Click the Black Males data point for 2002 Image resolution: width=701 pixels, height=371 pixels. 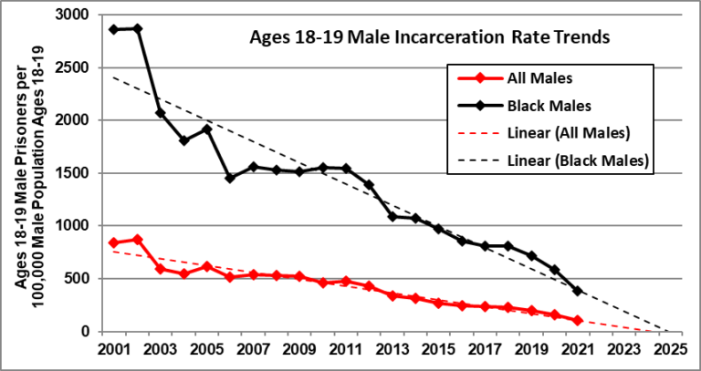click(137, 28)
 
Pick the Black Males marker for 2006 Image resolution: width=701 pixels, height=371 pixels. click(229, 178)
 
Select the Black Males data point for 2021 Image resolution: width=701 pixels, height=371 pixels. click(577, 291)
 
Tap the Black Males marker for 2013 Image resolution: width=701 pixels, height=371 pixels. click(392, 216)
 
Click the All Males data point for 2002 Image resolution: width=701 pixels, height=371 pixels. click(137, 240)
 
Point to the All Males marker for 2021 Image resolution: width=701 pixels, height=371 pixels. click(577, 320)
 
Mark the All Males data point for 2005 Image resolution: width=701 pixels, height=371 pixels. click(206, 266)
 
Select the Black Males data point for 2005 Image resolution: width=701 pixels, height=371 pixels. click(206, 129)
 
